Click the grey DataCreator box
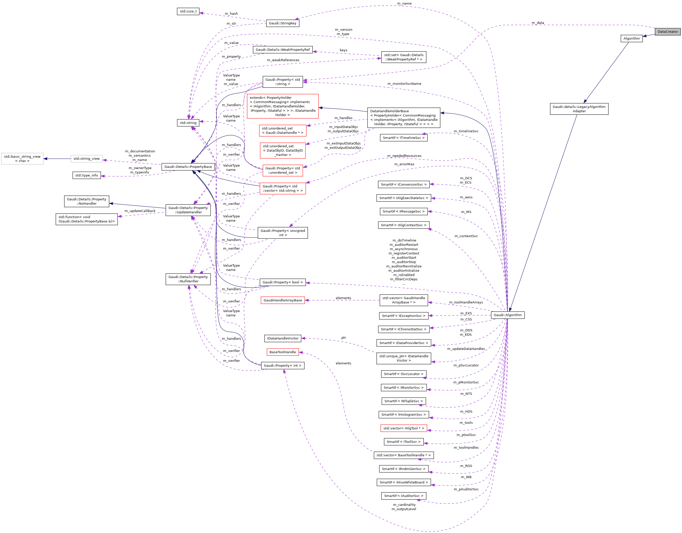[x=667, y=31]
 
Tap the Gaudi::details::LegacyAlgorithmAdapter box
[x=579, y=109]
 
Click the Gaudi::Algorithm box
[x=507, y=315]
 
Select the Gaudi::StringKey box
[x=282, y=23]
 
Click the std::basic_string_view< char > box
[x=22, y=159]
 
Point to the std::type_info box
[x=87, y=175]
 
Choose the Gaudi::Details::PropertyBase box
[x=188, y=167]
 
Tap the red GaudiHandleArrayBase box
[x=282, y=300]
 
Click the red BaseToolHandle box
[x=282, y=352]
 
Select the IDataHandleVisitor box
[x=282, y=338]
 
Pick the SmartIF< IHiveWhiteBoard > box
[x=404, y=482]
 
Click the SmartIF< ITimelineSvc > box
[x=404, y=138]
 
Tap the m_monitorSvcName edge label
[x=404, y=84]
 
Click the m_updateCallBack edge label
[x=140, y=211]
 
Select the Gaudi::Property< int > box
[x=282, y=366]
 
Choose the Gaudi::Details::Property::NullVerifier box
[x=188, y=279]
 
